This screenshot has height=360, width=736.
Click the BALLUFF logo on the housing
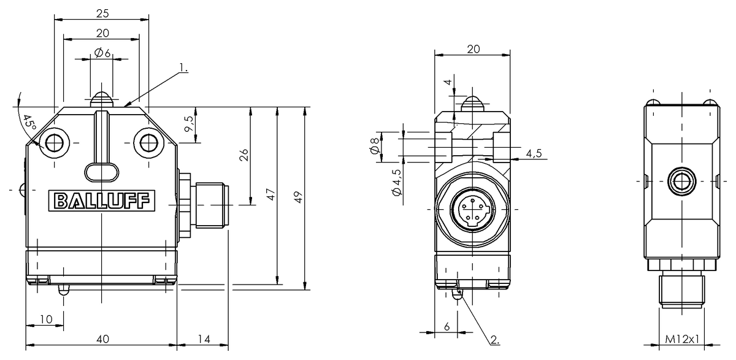pos(102,201)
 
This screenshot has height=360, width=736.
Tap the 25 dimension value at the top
pos(102,13)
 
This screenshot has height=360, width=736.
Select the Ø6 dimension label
pos(102,53)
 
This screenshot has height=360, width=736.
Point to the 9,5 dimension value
pos(190,124)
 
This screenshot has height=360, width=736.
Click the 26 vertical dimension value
pos(244,155)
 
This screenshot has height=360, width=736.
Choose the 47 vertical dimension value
pos(270,194)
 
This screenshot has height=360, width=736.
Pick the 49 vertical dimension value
pos(298,197)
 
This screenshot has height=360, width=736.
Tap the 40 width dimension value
pos(103,339)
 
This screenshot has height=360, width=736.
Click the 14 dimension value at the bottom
pos(204,339)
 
